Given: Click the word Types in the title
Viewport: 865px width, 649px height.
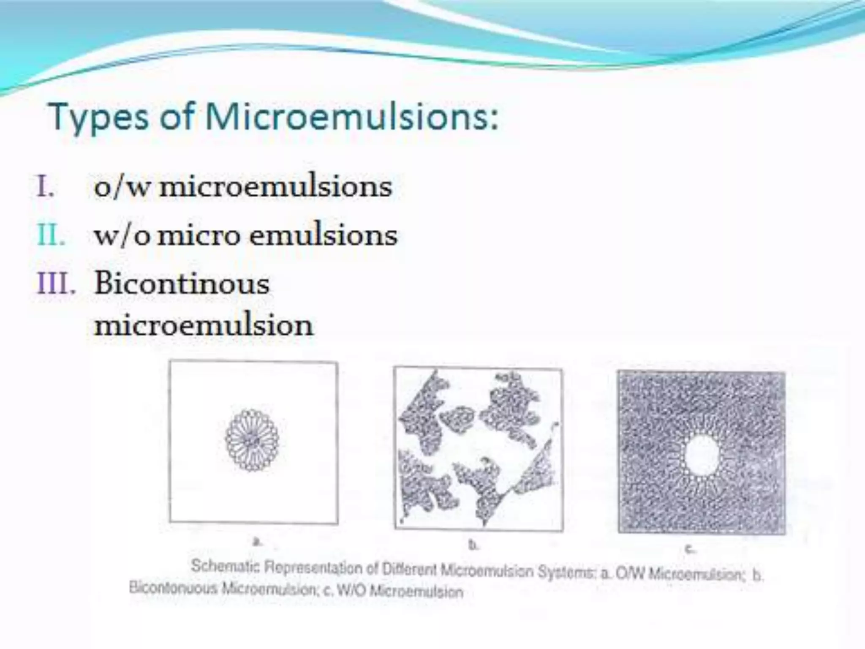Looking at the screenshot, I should point(98,117).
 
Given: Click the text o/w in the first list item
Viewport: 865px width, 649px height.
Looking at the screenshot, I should point(122,187).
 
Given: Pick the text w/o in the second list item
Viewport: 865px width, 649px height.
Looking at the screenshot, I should point(122,236).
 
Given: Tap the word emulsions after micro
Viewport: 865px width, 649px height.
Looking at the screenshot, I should point(323,235).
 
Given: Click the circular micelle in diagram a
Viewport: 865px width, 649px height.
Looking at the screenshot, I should point(253,440).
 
